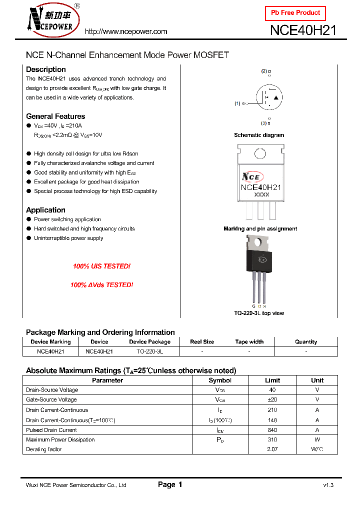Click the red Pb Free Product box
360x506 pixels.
click(295, 13)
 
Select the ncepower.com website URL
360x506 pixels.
click(125, 31)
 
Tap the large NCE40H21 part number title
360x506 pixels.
click(303, 30)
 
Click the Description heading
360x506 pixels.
click(45, 69)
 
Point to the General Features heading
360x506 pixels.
click(55, 116)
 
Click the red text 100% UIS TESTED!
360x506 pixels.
click(101, 266)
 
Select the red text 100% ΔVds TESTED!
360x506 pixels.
click(101, 285)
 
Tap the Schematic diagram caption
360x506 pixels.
click(259, 135)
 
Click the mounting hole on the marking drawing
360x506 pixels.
click(259, 154)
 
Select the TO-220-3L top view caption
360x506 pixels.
click(259, 313)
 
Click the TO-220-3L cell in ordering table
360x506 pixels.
click(149, 351)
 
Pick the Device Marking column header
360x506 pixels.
click(50, 342)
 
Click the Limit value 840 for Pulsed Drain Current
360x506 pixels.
click(272, 430)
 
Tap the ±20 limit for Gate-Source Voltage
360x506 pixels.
click(272, 399)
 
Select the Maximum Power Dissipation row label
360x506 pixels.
click(60, 440)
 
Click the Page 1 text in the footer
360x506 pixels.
click(170, 484)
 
